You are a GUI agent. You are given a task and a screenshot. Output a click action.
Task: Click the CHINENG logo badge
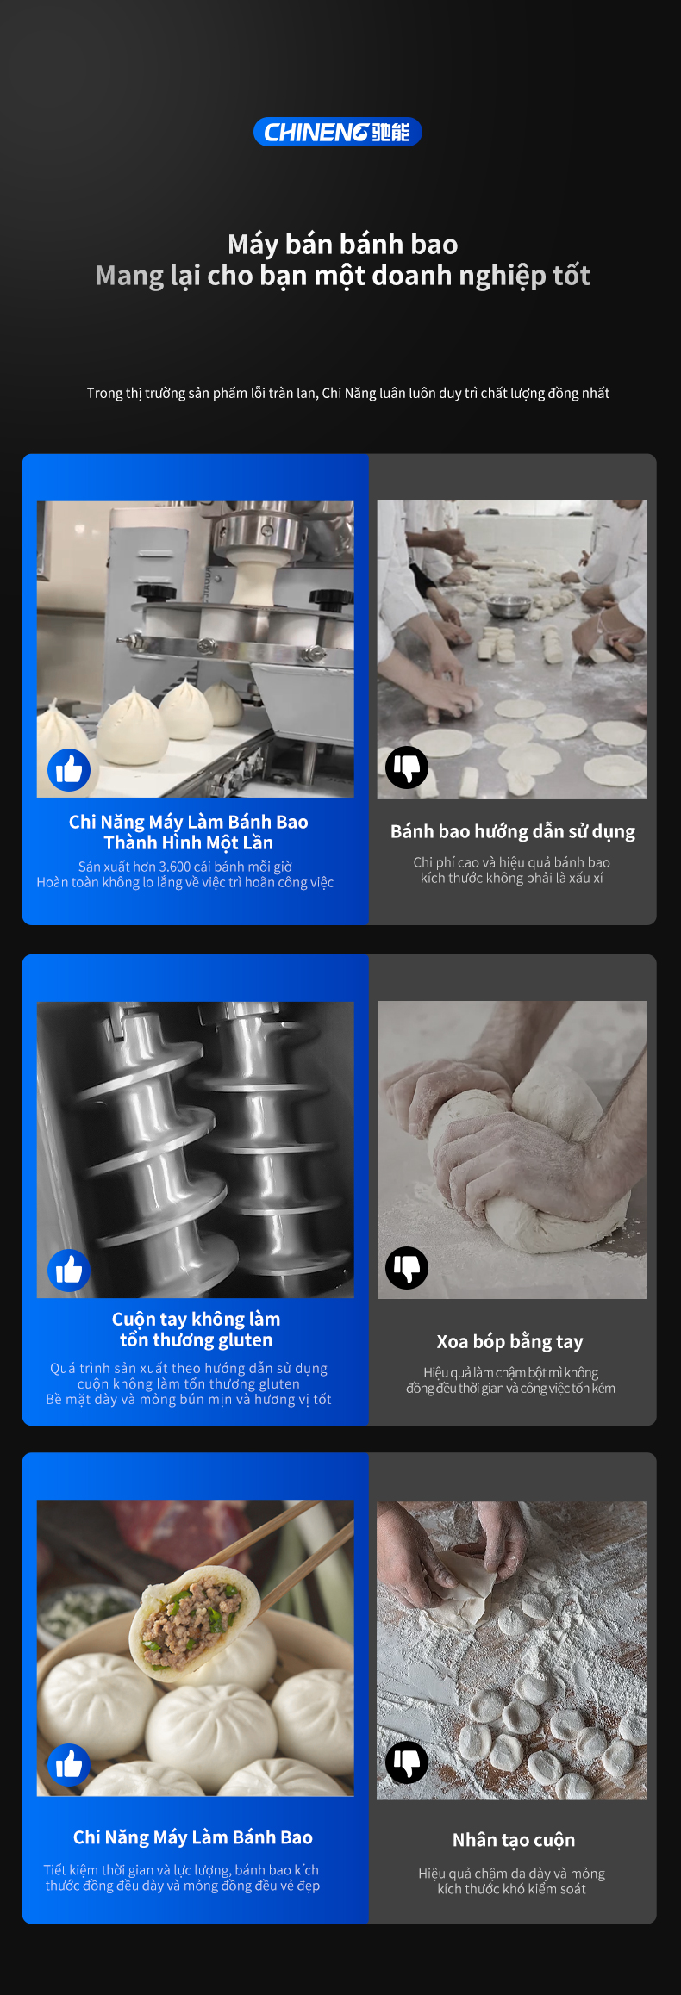coord(337,132)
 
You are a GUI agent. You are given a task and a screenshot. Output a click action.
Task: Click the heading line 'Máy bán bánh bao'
coord(342,245)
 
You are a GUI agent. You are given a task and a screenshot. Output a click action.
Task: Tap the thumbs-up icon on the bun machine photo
coord(69,769)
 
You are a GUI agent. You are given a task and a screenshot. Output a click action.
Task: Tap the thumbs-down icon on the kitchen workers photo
coord(407,767)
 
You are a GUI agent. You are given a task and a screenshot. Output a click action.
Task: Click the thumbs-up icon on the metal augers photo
coord(69,1270)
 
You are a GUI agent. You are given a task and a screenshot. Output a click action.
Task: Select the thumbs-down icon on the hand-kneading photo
coord(407,1267)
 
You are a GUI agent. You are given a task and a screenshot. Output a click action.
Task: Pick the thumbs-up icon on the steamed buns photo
coord(69,1765)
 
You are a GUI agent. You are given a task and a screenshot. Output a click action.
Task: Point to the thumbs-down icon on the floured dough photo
coord(407,1762)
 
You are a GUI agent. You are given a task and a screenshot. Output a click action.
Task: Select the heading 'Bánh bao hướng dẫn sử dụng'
coord(513,831)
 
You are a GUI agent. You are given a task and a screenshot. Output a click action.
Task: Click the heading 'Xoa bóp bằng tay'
coord(509,1341)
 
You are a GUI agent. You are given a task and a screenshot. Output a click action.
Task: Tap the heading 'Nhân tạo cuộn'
coord(514,1840)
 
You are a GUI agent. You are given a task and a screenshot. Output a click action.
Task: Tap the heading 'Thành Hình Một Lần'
coord(188,842)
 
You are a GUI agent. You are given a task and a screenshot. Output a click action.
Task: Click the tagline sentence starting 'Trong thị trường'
coord(348,393)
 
